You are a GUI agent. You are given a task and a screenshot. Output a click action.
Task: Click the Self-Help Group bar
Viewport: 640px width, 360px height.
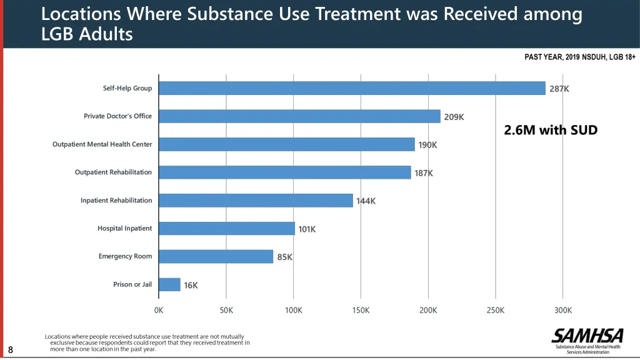pyautogui.click(x=352, y=88)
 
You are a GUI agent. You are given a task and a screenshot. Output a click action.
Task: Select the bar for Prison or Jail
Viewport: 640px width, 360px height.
pyautogui.click(x=169, y=284)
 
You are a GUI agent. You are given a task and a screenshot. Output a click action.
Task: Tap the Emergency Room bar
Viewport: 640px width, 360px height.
pyautogui.click(x=216, y=256)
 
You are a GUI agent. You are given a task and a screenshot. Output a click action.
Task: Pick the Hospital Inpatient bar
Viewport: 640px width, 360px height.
pyautogui.click(x=227, y=229)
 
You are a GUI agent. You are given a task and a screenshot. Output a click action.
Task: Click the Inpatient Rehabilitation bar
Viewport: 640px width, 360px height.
pyautogui.click(x=256, y=201)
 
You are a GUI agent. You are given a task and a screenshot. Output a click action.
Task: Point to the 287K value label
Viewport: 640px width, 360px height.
pyautogui.click(x=559, y=89)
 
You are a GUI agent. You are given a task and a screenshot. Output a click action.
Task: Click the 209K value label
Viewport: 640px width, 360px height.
pyautogui.click(x=454, y=117)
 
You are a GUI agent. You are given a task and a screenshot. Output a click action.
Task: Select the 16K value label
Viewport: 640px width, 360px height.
pyautogui.click(x=191, y=286)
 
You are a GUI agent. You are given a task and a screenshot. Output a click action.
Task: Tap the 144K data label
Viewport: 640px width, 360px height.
pyautogui.click(x=366, y=201)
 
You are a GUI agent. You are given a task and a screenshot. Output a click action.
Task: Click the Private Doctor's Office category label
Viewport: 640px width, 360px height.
pyautogui.click(x=117, y=116)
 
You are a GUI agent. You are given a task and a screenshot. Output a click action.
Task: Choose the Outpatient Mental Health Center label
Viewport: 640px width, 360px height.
pyautogui.click(x=102, y=144)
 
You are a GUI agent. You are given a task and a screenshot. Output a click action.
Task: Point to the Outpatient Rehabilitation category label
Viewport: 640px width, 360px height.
pyautogui.click(x=113, y=172)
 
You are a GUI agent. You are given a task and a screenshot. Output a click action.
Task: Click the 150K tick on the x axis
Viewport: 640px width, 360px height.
pyautogui.click(x=361, y=311)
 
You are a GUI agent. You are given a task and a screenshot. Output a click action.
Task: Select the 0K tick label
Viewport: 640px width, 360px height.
pyautogui.click(x=159, y=311)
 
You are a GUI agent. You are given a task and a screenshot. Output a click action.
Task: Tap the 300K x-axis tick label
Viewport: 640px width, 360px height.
pyautogui.click(x=562, y=311)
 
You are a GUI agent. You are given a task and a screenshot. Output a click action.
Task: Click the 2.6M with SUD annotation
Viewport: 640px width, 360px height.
pyautogui.click(x=551, y=130)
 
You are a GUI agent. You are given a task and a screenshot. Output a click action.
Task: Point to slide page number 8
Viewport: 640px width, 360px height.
pyautogui.click(x=11, y=350)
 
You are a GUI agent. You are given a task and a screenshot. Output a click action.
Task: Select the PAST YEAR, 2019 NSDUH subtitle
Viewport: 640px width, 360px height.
pyautogui.click(x=580, y=57)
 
